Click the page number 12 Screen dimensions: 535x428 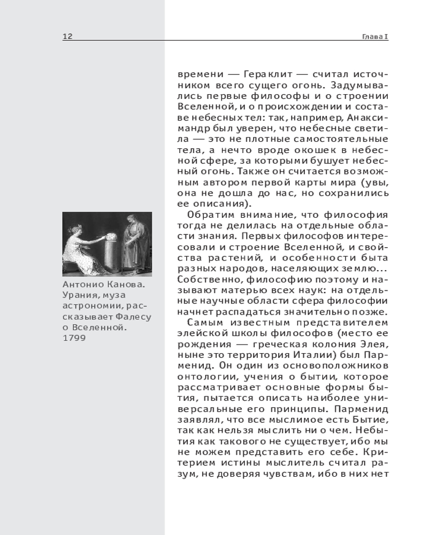(67, 36)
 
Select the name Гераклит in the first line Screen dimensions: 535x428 (259, 75)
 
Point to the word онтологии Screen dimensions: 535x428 (201, 376)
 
